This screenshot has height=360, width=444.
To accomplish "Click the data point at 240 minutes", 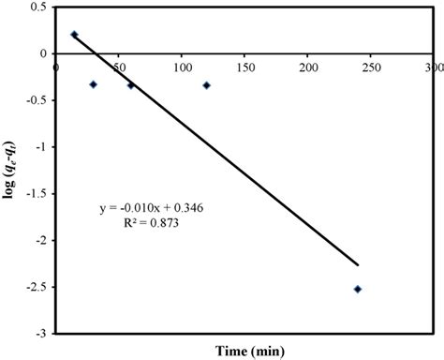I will pos(358,289).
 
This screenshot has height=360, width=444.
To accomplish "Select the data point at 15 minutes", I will pos(75,35).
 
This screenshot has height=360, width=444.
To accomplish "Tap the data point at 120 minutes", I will pos(207,85).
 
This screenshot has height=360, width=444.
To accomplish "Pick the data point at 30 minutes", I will pos(94,84).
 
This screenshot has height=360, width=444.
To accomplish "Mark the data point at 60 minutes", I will pos(131,85).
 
